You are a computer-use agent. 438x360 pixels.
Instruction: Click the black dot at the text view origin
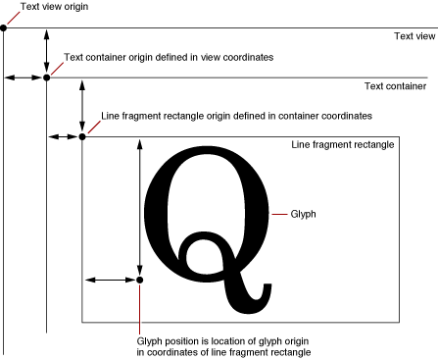pos(4,27)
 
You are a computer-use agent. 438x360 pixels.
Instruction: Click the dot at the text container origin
pos(46,77)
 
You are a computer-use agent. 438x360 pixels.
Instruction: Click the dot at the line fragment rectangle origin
pos(82,136)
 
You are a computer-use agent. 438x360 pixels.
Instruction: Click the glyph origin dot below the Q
pos(140,281)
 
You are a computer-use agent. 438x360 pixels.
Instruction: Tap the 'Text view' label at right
pos(414,36)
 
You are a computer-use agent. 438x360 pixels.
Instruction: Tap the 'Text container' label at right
pos(395,86)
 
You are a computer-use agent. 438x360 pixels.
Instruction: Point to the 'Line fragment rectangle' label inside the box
pos(343,145)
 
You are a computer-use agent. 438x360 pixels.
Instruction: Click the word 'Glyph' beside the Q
pos(304,212)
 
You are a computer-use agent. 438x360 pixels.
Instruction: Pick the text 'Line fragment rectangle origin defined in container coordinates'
pos(236,116)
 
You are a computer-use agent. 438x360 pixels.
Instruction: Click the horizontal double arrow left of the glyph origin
pos(110,281)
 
